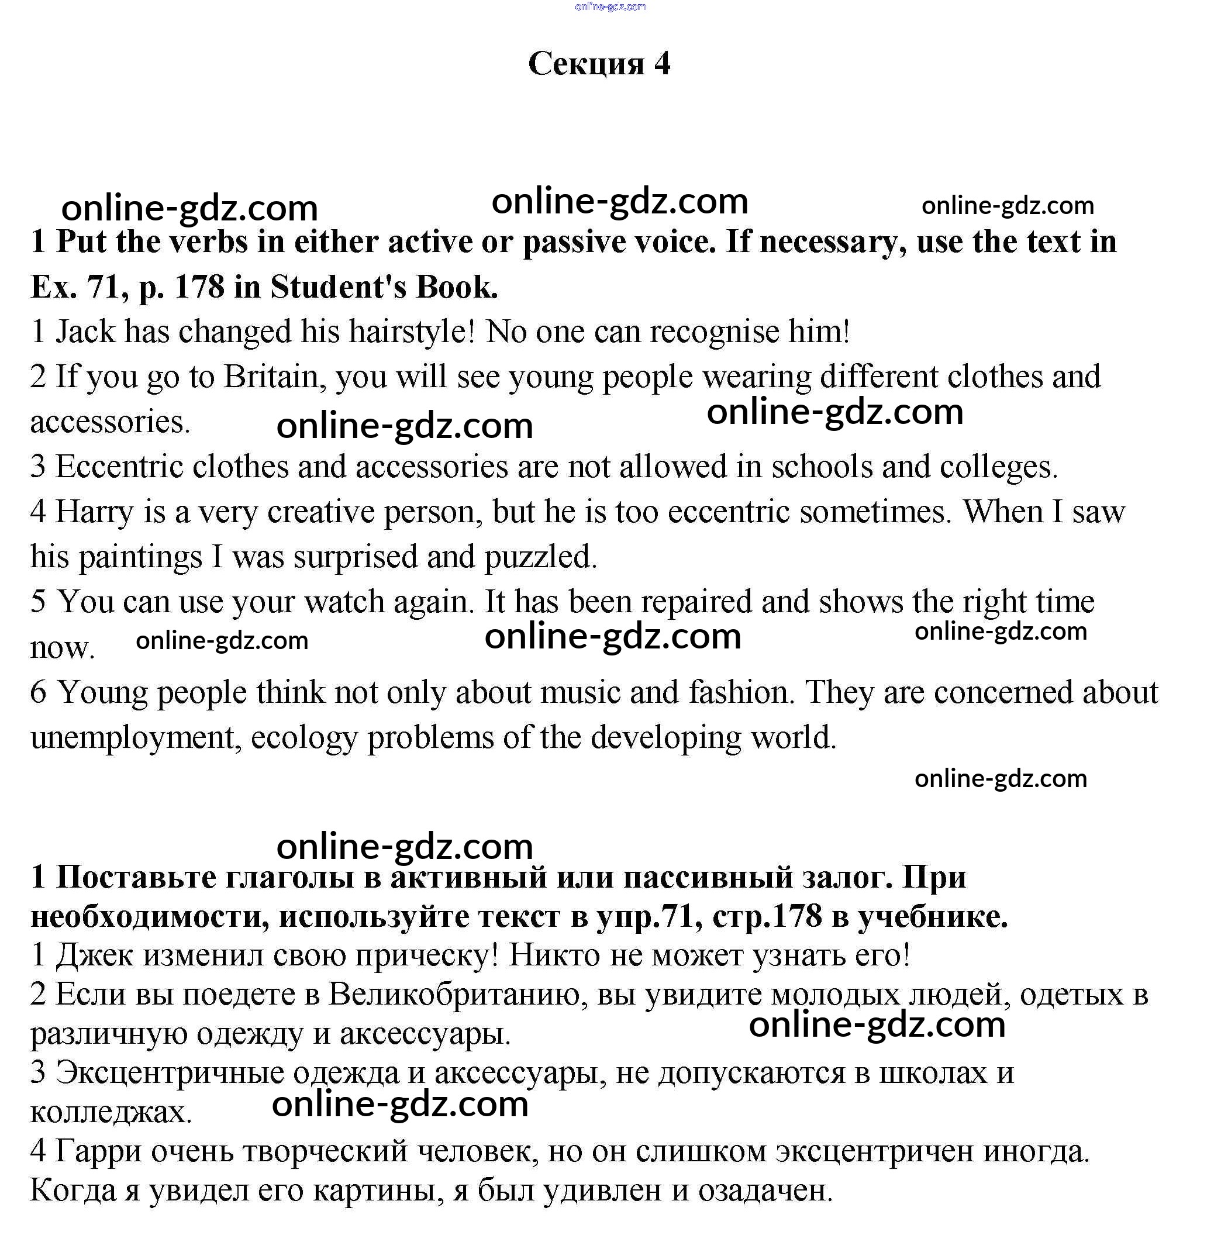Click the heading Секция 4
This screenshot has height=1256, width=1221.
(x=599, y=64)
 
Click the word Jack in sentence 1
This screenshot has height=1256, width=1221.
(x=84, y=332)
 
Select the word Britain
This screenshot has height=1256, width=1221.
(x=271, y=377)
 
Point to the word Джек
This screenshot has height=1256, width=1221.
(x=94, y=955)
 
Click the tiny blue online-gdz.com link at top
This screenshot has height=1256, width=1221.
(x=610, y=7)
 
